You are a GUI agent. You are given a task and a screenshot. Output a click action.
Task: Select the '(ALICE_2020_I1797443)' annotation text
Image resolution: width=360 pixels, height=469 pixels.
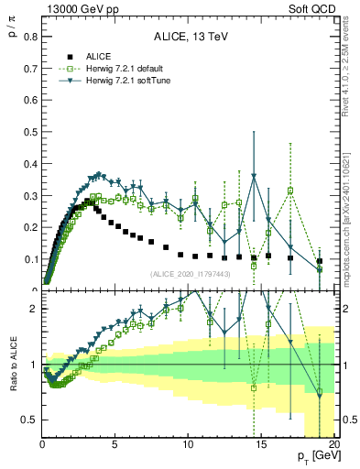(x=190, y=274)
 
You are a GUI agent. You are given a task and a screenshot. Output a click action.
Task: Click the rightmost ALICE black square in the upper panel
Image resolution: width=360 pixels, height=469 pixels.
(x=320, y=261)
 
